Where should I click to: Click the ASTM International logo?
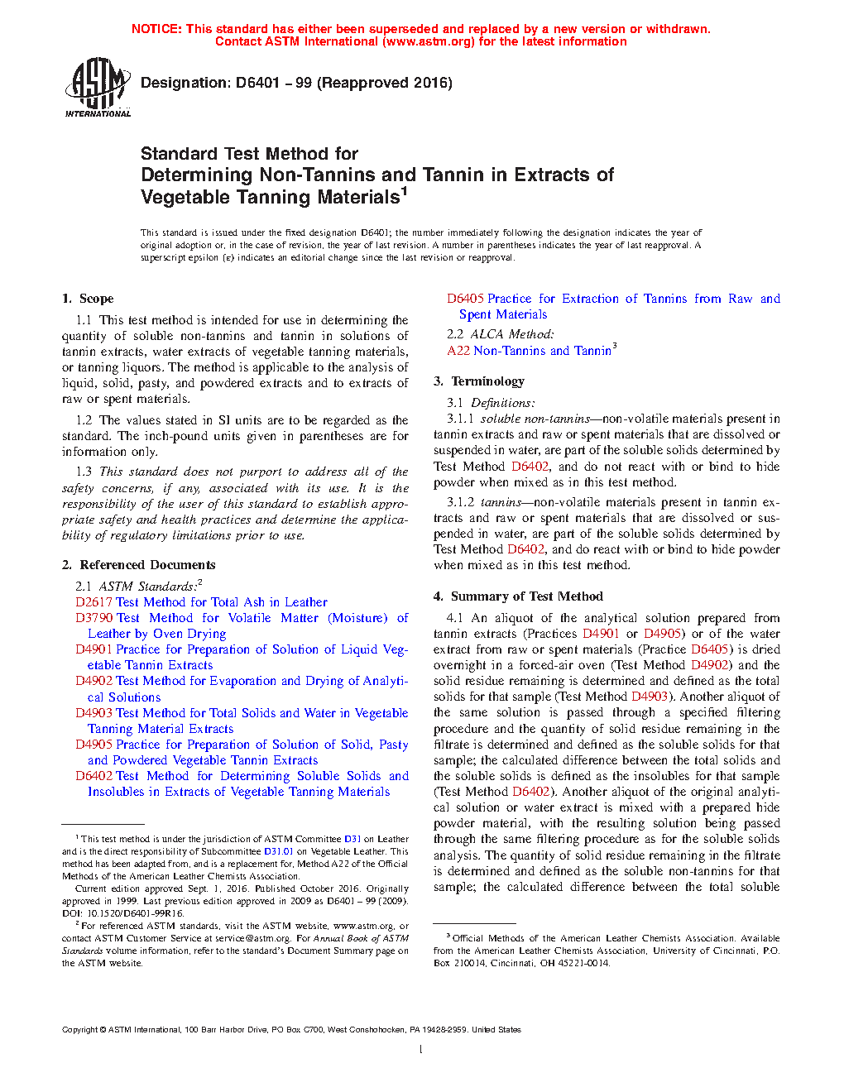point(97,87)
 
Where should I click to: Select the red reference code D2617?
point(94,602)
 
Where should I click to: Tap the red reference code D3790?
point(94,618)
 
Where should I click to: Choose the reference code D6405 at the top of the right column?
point(465,299)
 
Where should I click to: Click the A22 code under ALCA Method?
point(458,351)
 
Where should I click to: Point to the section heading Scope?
point(97,299)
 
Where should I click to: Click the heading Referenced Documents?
point(147,565)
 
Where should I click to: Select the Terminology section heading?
point(487,381)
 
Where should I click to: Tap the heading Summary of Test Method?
point(527,596)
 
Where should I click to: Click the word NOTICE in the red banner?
point(156,29)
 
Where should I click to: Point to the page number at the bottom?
point(421,1050)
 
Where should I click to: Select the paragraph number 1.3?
point(84,472)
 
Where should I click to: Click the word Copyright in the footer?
point(79,1030)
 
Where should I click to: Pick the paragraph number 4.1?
point(455,618)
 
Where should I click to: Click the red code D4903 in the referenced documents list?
point(94,713)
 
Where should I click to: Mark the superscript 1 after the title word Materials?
point(405,191)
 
